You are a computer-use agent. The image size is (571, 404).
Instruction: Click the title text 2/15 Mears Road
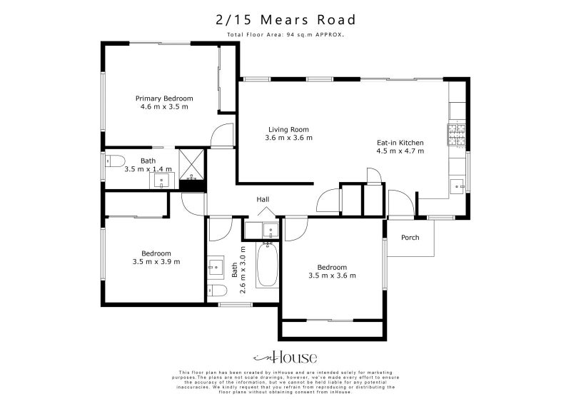coord(285,20)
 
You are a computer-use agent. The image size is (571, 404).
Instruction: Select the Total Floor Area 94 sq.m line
coord(285,34)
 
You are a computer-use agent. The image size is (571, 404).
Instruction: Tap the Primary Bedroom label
coord(164,99)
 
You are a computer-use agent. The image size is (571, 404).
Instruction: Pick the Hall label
coord(263,200)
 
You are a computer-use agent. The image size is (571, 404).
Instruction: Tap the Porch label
coord(410,238)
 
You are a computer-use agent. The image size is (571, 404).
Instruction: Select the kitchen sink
coord(457,187)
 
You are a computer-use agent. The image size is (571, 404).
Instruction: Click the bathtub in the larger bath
coord(267,265)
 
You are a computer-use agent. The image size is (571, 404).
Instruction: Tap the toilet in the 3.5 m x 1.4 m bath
coord(115,160)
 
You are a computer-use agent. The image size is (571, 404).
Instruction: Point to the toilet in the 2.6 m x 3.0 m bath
coord(217,290)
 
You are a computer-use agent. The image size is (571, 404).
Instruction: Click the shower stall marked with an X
coord(191,163)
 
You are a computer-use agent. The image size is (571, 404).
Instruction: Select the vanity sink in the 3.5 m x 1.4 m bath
coord(162,179)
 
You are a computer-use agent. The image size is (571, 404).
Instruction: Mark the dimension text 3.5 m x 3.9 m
coord(156,262)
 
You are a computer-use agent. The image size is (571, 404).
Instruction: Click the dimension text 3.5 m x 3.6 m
coord(332,276)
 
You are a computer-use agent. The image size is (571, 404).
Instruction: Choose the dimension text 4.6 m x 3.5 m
coord(164,107)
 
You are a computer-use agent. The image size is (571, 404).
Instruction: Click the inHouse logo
coord(285,358)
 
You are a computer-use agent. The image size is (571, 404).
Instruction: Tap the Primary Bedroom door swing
coord(224,136)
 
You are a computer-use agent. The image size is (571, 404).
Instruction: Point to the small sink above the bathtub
coord(270,230)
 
